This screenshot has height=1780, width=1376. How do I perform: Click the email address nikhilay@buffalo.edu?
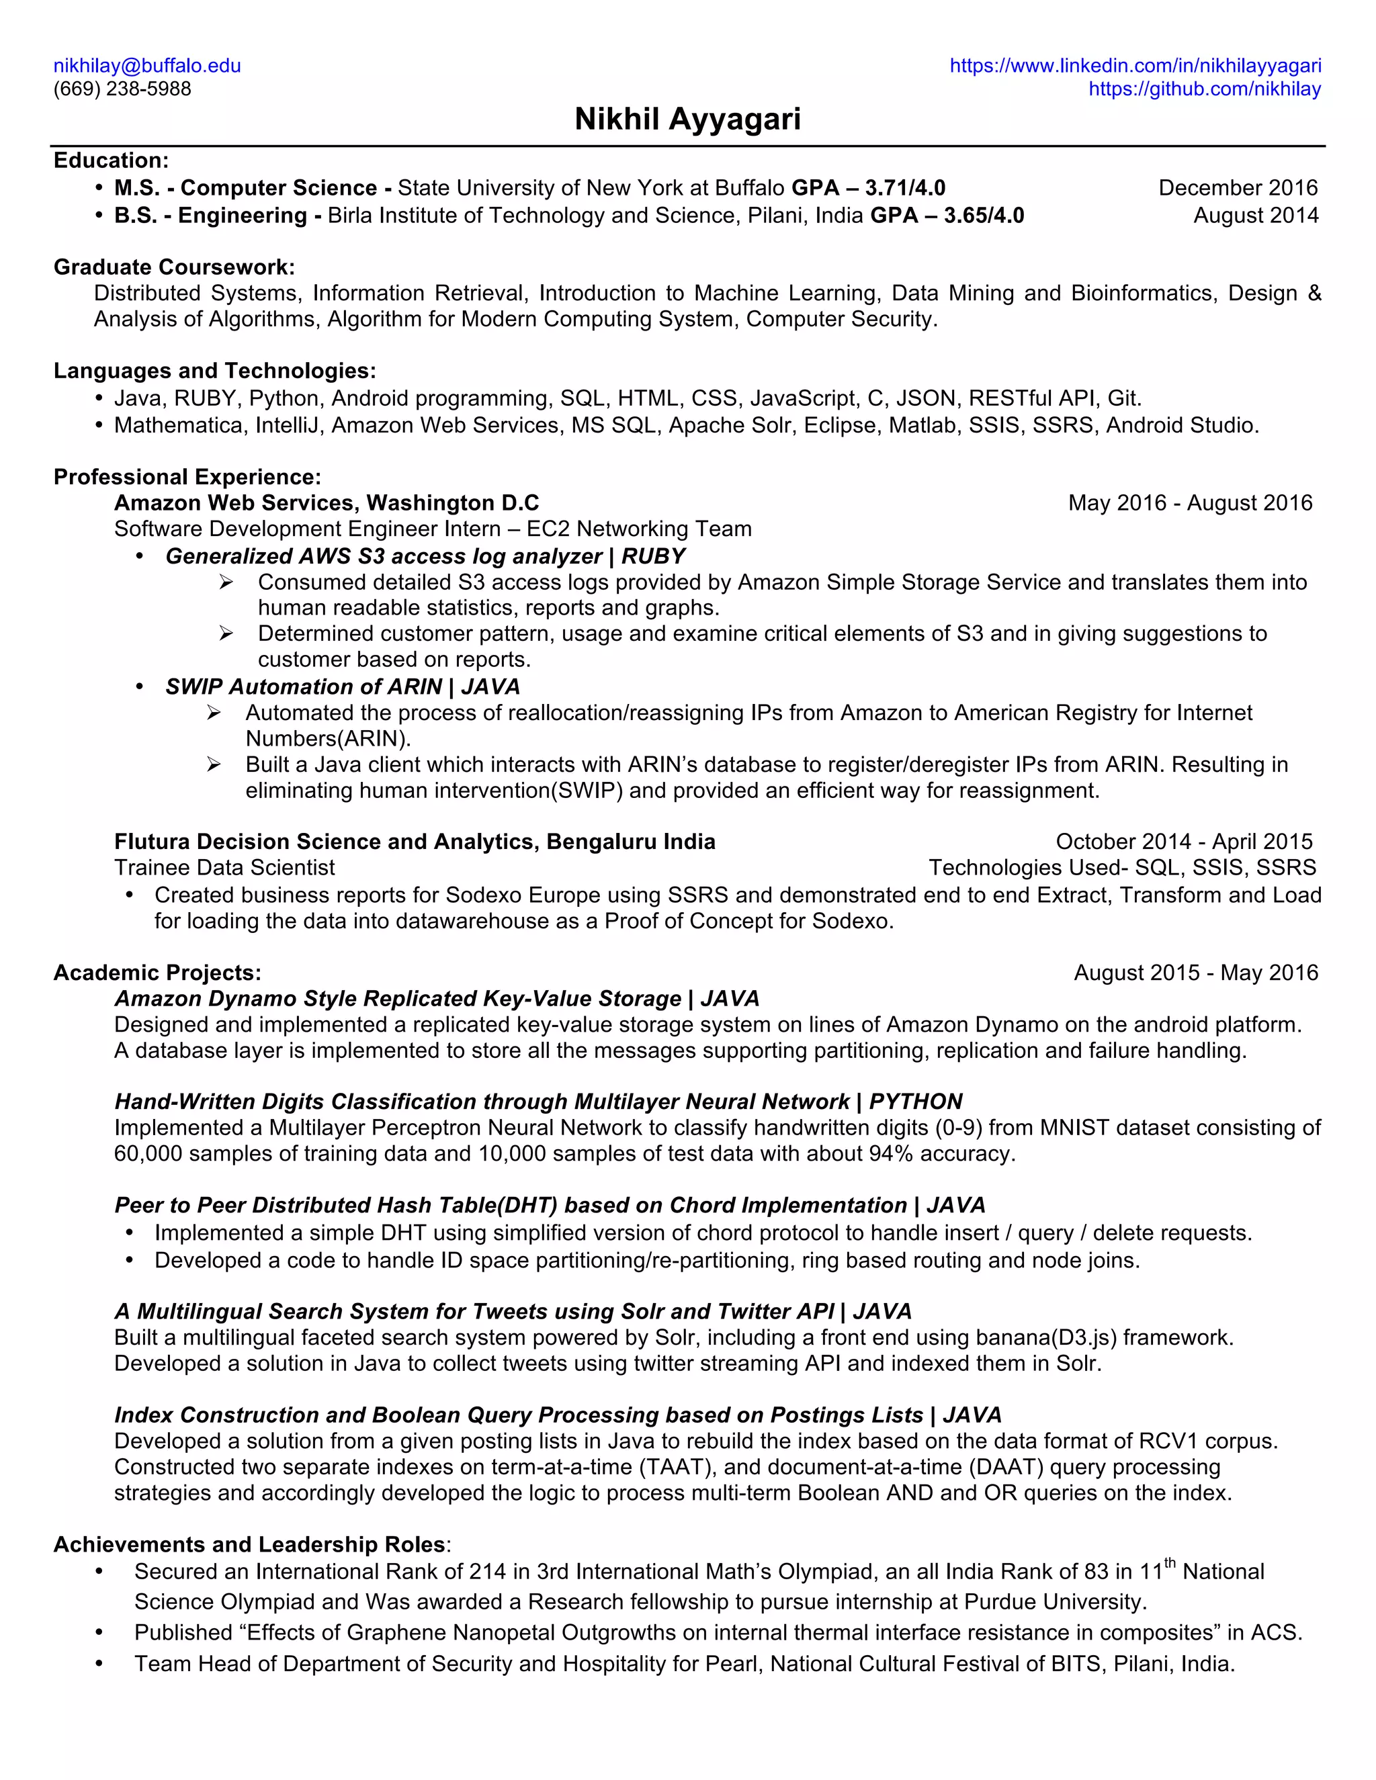tap(146, 66)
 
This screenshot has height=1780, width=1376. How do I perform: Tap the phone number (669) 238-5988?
tap(122, 89)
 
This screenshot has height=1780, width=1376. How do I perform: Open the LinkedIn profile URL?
tap(1135, 66)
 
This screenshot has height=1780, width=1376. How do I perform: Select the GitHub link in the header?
tap(1204, 89)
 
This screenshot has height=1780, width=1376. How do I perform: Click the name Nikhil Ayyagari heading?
tap(687, 119)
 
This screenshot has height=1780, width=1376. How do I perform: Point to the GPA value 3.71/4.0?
tap(905, 188)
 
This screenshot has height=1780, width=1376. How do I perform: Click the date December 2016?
tap(1238, 188)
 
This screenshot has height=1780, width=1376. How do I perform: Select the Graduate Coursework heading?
tap(173, 267)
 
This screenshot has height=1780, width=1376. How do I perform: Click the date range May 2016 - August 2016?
tap(1189, 503)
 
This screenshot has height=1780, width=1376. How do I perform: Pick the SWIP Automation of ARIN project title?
tap(303, 686)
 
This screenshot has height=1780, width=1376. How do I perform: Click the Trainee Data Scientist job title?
tap(224, 867)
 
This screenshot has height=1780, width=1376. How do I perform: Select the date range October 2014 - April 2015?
tap(1184, 841)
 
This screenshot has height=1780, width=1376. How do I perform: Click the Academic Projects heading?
tap(157, 973)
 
